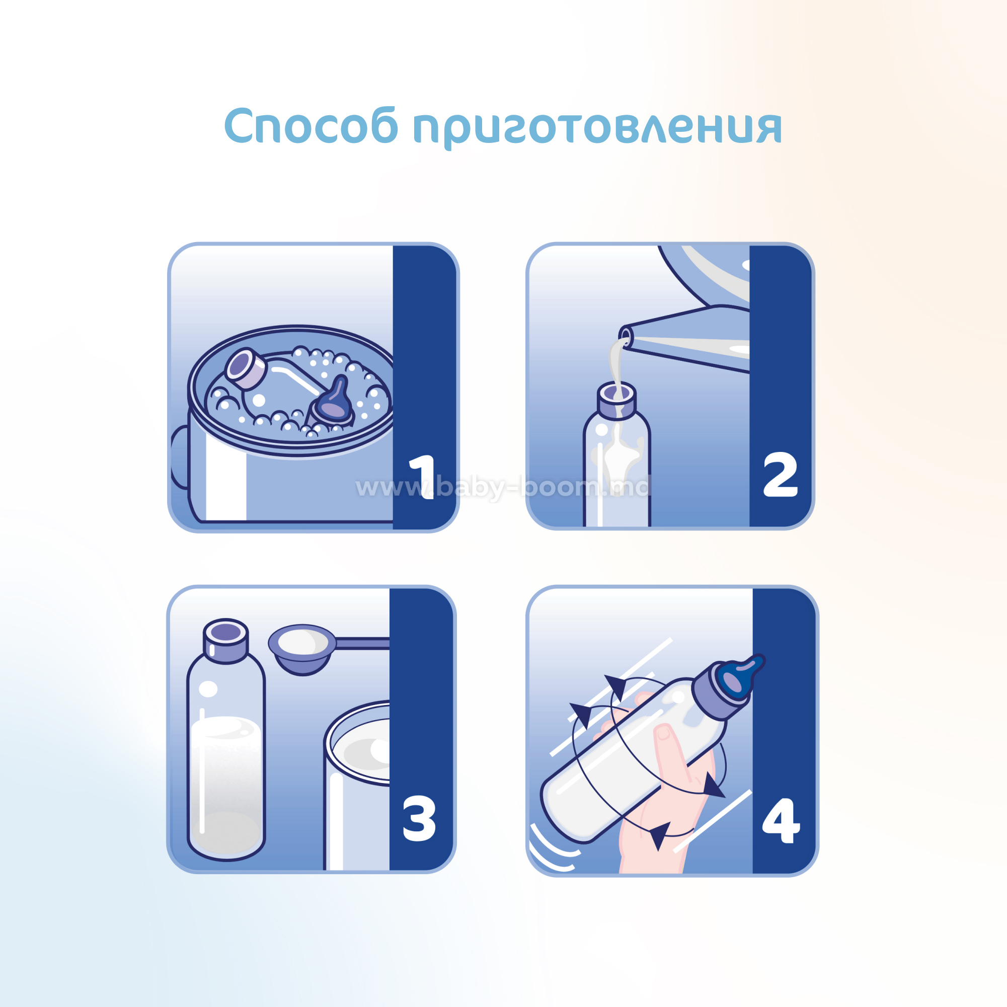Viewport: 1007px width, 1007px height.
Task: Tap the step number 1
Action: click(423, 477)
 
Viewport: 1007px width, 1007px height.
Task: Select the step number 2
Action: click(780, 474)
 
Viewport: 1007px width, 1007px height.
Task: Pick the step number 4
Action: click(781, 820)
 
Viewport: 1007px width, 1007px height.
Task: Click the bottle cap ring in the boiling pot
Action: click(246, 368)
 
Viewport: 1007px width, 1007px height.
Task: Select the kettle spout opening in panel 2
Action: click(626, 337)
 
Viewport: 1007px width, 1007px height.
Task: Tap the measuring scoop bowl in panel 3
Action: click(302, 648)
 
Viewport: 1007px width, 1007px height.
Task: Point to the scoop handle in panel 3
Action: click(363, 644)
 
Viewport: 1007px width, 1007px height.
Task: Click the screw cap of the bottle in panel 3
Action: click(225, 641)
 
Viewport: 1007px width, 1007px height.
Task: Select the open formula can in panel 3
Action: click(357, 787)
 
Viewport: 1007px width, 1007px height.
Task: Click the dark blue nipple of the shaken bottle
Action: click(740, 676)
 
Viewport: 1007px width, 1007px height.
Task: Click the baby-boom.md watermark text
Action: click(503, 488)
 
